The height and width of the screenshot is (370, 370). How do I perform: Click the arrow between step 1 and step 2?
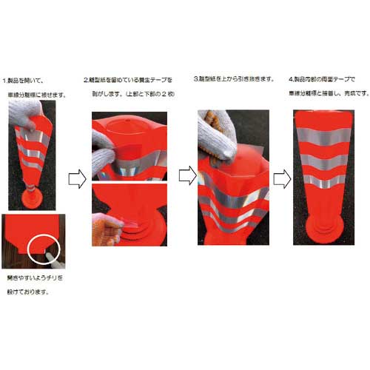75,179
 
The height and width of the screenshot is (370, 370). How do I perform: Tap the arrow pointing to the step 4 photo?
280,178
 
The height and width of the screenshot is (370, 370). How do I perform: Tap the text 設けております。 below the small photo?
27,292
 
